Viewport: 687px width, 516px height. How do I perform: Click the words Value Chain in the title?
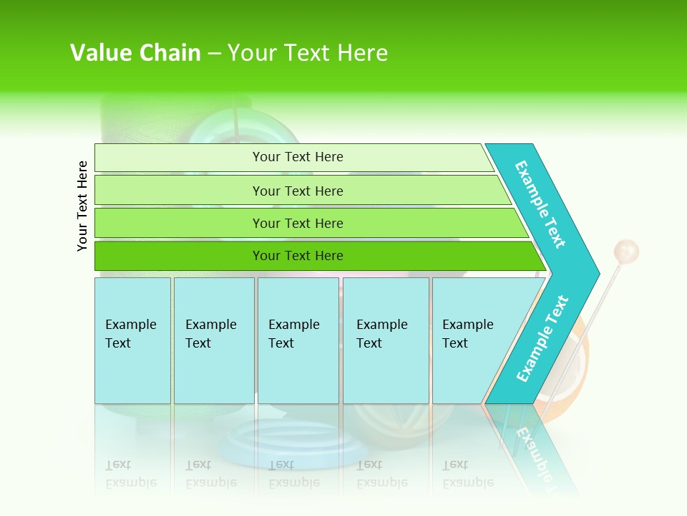135,53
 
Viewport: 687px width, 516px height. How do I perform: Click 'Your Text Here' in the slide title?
308,53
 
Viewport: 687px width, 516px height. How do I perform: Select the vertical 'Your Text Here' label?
82,206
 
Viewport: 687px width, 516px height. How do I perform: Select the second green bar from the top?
298,191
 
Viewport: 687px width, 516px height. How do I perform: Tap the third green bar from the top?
298,223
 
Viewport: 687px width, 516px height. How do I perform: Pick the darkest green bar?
298,256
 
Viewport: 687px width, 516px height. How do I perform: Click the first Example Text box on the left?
132,340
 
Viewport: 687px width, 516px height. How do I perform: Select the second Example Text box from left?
213,340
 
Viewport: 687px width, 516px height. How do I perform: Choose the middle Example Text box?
298,340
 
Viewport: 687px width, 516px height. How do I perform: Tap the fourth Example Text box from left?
386,340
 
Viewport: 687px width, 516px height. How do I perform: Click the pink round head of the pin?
626,252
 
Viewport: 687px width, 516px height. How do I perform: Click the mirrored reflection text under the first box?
131,474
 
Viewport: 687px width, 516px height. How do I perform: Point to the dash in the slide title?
214,54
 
